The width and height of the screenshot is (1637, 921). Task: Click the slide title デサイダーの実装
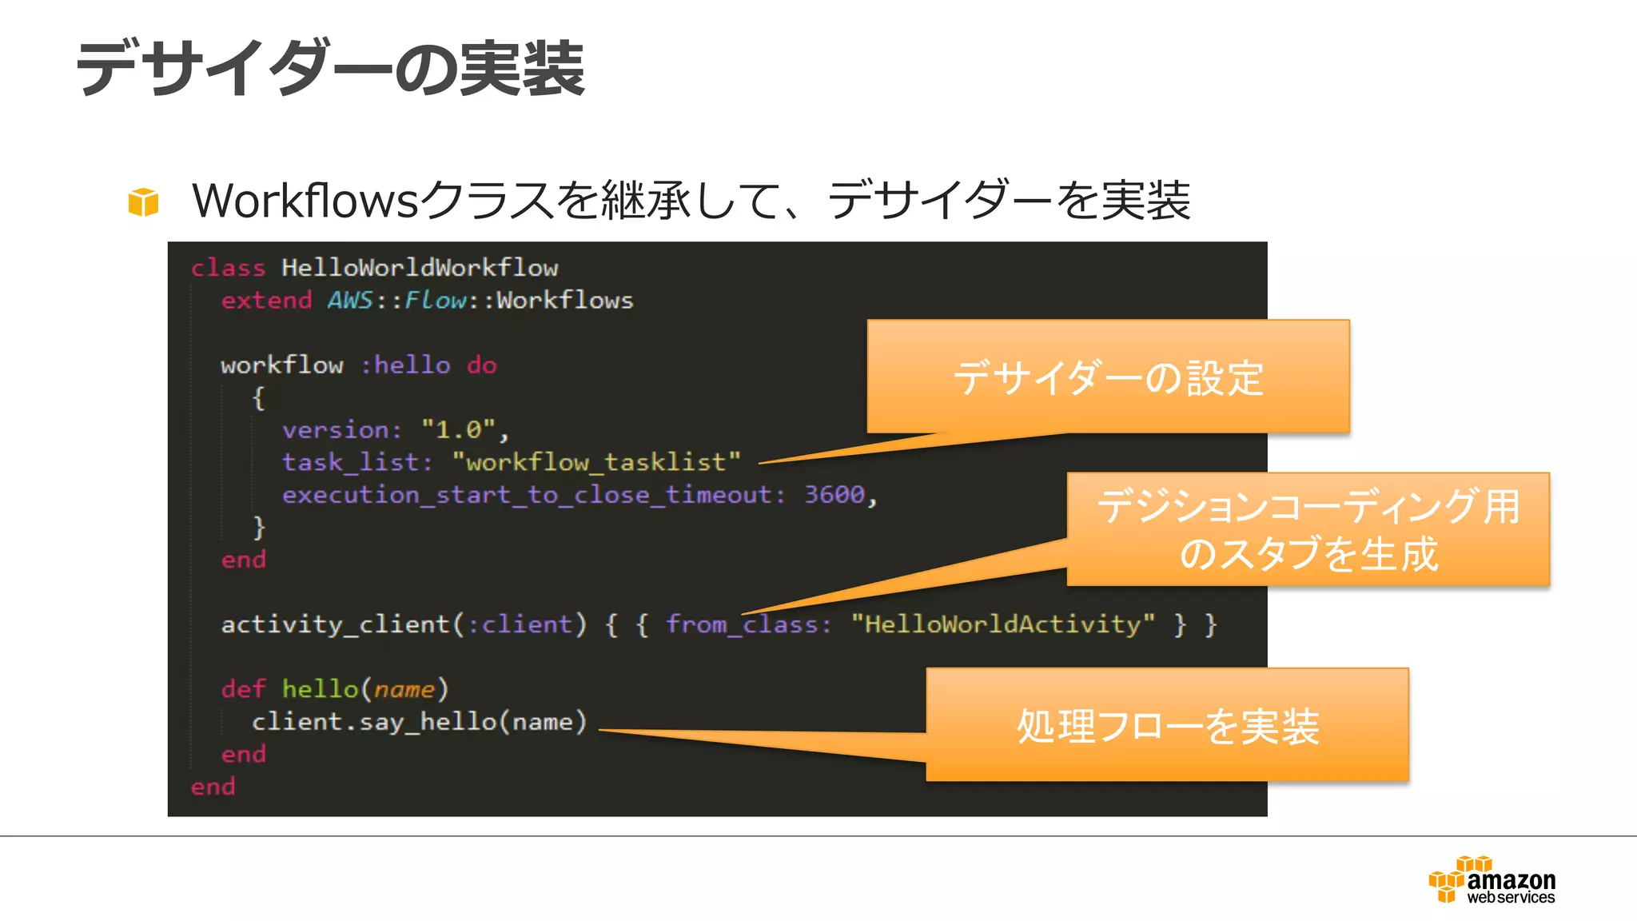(x=330, y=69)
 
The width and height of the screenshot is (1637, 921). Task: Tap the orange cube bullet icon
(x=143, y=201)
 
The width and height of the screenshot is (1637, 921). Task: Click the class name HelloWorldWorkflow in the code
(x=419, y=268)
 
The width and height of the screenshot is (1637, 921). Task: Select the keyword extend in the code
(x=266, y=301)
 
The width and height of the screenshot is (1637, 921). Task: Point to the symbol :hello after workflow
(x=405, y=365)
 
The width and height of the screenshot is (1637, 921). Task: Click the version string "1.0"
(x=459, y=430)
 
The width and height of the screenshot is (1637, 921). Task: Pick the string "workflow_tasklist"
(x=595, y=462)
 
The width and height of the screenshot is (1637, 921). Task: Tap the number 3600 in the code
(x=834, y=495)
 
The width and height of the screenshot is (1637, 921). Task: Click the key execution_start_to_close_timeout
(x=528, y=495)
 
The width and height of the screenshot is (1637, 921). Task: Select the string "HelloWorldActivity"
(x=1002, y=624)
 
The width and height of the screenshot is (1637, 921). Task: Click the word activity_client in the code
(x=336, y=624)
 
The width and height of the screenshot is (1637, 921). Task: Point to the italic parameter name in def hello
(x=404, y=689)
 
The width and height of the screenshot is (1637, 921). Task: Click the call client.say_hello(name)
(x=420, y=722)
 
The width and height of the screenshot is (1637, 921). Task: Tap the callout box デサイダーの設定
(x=1108, y=377)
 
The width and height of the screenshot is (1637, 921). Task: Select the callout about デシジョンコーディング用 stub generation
(x=1308, y=529)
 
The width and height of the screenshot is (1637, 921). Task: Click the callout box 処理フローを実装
(x=1167, y=725)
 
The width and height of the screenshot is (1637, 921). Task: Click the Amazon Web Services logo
(x=1492, y=880)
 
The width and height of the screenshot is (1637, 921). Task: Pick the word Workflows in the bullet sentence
(x=305, y=200)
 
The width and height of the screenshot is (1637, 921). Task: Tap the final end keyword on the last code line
(x=213, y=787)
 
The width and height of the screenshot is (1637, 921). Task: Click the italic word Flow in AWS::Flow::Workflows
(x=436, y=301)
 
